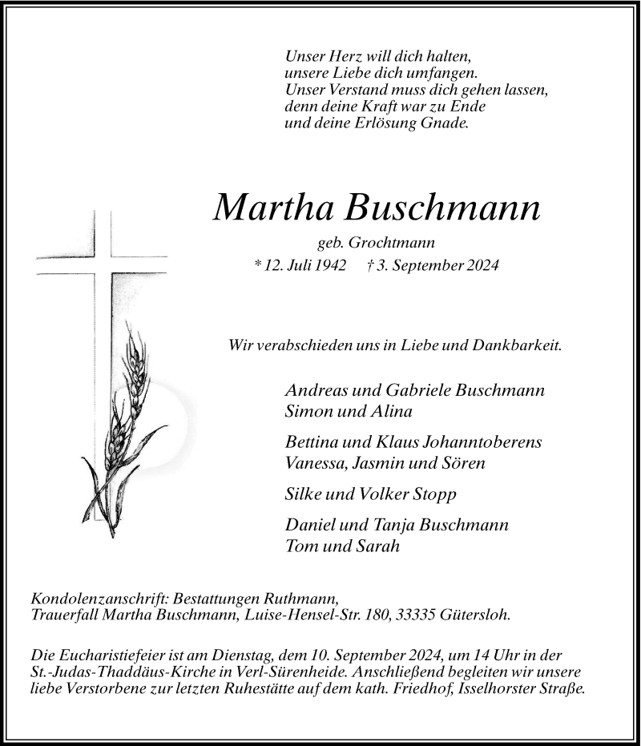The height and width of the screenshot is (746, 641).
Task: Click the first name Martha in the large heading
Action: [273, 208]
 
